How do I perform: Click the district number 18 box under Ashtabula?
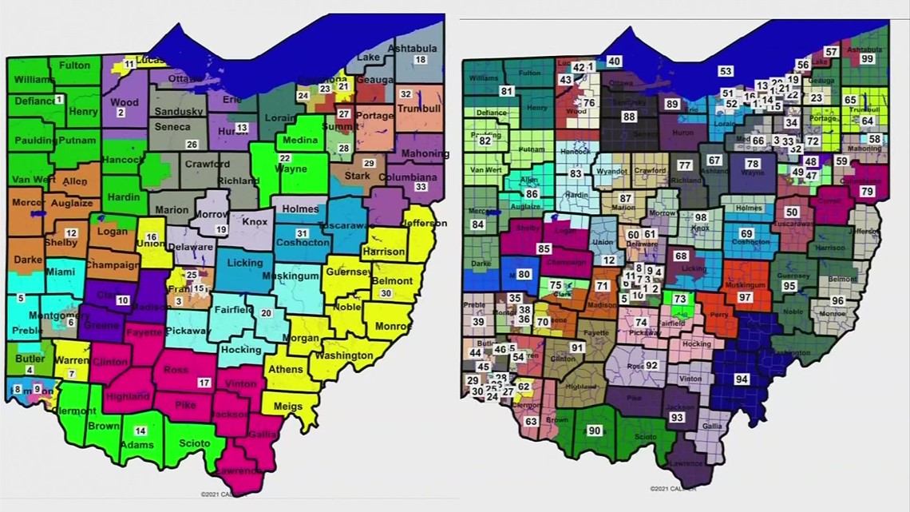[x=420, y=61]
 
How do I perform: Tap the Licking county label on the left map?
[x=245, y=263]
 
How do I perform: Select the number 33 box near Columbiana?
[x=421, y=187]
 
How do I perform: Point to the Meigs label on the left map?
[x=288, y=407]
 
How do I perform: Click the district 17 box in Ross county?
[x=204, y=383]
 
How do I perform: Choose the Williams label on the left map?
[x=34, y=80]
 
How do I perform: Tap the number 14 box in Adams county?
[x=140, y=431]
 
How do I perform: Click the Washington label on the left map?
[x=343, y=356]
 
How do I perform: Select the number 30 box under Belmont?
[x=386, y=293]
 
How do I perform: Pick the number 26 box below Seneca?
[x=192, y=145]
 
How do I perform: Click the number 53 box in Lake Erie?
[x=726, y=72]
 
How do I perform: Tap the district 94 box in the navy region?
[x=742, y=379]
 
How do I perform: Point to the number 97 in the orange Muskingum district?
[x=746, y=297]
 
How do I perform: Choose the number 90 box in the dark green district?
[x=594, y=431]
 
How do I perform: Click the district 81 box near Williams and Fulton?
[x=506, y=91]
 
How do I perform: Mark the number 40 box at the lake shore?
[x=614, y=62]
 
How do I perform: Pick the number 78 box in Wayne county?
[x=753, y=164]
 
